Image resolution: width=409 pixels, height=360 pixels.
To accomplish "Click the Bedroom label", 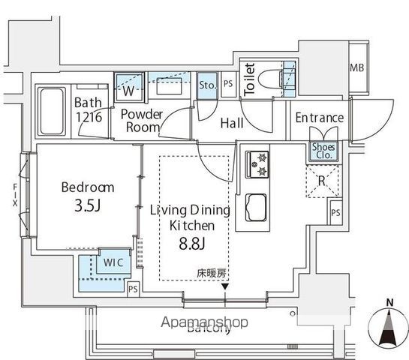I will pyautogui.click(x=87, y=187).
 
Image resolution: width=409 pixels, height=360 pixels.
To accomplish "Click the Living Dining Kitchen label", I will pyautogui.click(x=188, y=217).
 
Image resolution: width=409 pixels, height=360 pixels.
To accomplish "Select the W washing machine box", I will pyautogui.click(x=129, y=91).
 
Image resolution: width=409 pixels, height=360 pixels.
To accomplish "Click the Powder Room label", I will pyautogui.click(x=142, y=121).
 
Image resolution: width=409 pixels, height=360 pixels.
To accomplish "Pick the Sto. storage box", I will pyautogui.click(x=207, y=85).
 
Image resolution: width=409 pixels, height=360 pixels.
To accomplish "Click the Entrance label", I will pyautogui.click(x=319, y=118).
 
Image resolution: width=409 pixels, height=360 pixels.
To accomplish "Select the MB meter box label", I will pyautogui.click(x=356, y=69).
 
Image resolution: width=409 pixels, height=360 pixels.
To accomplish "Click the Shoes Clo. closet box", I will pyautogui.click(x=324, y=151).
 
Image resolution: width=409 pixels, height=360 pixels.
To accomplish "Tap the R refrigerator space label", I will pyautogui.click(x=321, y=181).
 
